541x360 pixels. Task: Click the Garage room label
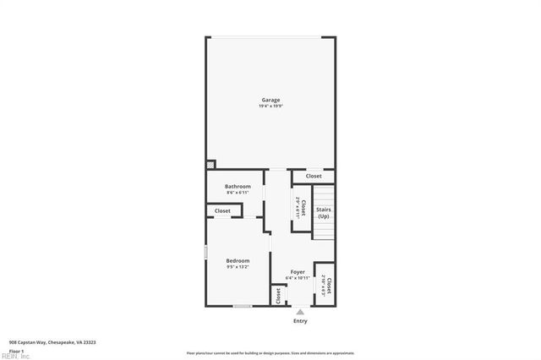click(270, 100)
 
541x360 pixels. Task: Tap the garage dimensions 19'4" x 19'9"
click(270, 106)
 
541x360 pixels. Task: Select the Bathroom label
click(238, 186)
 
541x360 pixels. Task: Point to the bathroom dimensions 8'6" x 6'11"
click(238, 193)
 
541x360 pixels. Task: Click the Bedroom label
click(238, 260)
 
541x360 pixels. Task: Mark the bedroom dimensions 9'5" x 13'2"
click(238, 267)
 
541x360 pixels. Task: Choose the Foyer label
click(297, 271)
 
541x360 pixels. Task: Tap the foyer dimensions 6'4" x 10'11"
click(297, 278)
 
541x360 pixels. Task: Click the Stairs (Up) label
click(323, 213)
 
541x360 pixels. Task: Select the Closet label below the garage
click(314, 176)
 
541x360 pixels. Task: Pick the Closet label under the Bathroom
click(222, 210)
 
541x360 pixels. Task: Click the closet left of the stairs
click(298, 207)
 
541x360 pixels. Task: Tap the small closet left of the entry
click(277, 295)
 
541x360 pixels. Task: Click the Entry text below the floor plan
click(300, 321)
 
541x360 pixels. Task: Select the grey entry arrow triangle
click(300, 312)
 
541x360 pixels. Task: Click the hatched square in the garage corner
click(210, 166)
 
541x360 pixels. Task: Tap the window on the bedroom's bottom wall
click(243, 306)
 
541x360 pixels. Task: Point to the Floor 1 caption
click(16, 350)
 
